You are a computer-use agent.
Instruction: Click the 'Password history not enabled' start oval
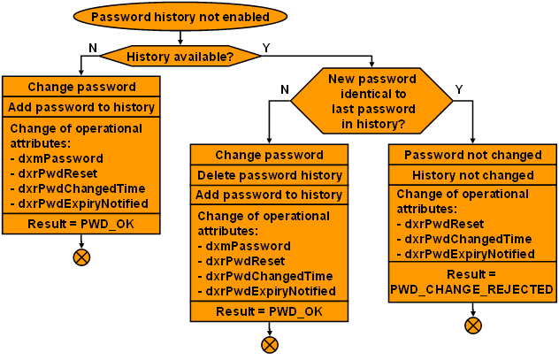pos(180,16)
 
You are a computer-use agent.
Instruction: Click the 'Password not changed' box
pos(471,155)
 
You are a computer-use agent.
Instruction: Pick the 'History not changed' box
pos(471,174)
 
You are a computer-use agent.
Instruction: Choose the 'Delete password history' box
pos(269,174)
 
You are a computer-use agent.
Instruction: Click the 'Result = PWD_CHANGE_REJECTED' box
pos(471,282)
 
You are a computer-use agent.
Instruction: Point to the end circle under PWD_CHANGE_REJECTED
pos(473,325)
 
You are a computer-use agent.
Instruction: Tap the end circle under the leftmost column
pos(81,257)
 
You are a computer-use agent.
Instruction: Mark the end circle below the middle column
pos(270,344)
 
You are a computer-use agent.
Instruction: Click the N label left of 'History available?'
pos(93,47)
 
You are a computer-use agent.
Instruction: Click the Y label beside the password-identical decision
pos(458,89)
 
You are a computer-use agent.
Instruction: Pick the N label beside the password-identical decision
pos(284,89)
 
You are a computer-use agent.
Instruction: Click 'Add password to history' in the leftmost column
pos(81,107)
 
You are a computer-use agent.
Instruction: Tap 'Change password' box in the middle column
pos(269,155)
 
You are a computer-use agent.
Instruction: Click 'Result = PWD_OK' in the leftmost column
pos(81,224)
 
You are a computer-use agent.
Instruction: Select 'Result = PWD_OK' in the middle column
pos(269,311)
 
